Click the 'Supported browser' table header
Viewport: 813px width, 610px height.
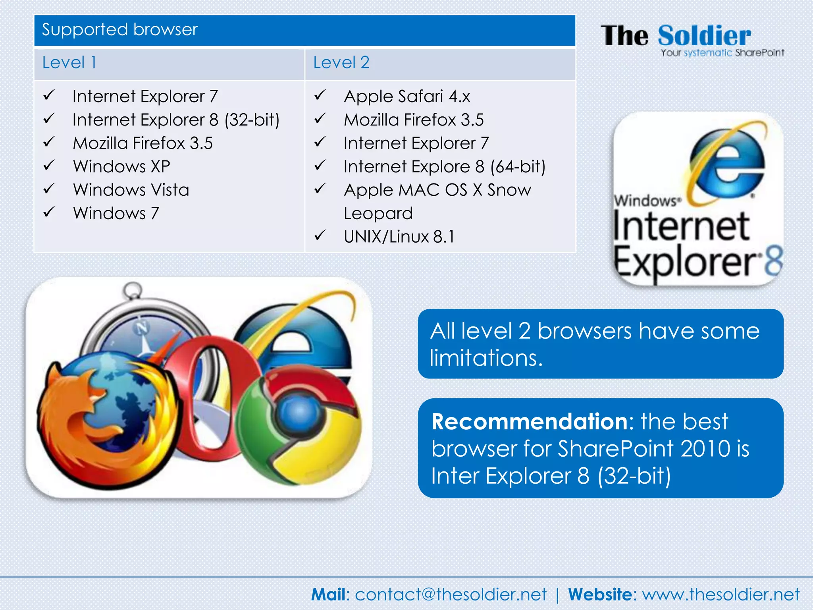point(119,30)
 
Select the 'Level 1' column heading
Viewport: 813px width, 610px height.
point(69,63)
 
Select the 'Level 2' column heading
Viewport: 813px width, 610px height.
point(341,63)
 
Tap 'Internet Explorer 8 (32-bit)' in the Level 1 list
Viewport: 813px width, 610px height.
point(176,120)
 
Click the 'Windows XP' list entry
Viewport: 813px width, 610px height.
point(121,166)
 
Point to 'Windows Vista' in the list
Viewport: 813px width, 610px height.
point(131,190)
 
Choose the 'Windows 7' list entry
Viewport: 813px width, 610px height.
point(116,213)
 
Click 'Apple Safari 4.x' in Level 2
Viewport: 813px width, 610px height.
point(407,97)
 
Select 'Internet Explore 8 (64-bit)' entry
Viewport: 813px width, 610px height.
point(444,167)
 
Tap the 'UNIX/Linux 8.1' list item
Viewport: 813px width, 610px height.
point(399,237)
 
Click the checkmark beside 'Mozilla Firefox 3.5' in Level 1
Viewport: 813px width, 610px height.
point(49,142)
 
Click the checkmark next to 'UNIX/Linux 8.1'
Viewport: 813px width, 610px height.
point(320,236)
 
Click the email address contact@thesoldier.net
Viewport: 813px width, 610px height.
point(450,595)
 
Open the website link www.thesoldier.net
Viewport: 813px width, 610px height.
point(721,595)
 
